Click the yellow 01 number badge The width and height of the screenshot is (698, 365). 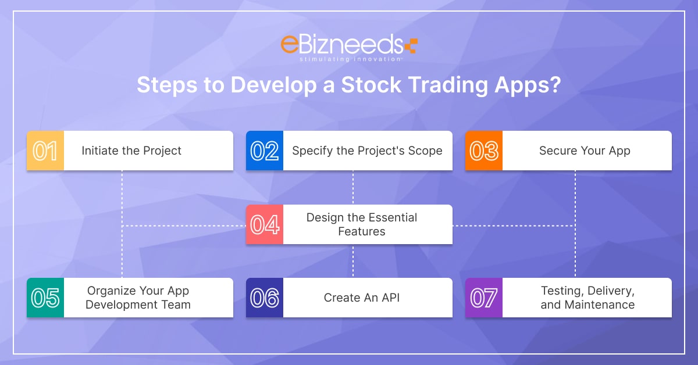(x=45, y=151)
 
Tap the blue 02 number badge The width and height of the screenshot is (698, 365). (x=265, y=151)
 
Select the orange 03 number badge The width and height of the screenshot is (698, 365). (x=484, y=151)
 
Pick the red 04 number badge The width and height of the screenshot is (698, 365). (x=265, y=224)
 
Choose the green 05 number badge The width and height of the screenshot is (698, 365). (x=45, y=298)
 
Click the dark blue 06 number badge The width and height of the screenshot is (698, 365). (x=265, y=298)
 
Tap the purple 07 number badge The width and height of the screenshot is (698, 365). (x=484, y=298)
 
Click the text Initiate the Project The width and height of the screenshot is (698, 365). (x=131, y=151)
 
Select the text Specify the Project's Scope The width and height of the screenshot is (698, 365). (x=367, y=151)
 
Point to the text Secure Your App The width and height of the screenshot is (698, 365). (x=585, y=151)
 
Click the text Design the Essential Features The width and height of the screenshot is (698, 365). (x=362, y=224)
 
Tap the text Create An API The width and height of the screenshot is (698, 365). (x=361, y=298)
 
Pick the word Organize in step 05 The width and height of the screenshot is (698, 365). (x=111, y=291)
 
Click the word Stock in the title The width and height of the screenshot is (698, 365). (x=371, y=85)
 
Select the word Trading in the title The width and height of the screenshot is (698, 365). (x=448, y=85)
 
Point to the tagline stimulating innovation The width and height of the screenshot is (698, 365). (x=350, y=59)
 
